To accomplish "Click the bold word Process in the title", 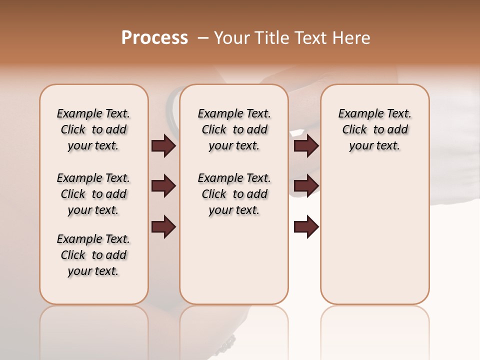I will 154,38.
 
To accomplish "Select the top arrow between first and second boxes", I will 163,146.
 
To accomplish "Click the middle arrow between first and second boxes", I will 163,186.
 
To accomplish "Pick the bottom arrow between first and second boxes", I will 163,227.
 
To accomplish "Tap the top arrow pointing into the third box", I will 306,146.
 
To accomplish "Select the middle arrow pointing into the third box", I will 306,186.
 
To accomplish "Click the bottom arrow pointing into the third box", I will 306,227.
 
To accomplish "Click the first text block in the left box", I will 93,129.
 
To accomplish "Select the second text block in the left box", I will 93,194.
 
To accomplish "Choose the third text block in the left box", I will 93,255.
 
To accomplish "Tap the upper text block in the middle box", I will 234,129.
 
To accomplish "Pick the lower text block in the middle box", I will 234,194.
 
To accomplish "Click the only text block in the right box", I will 374,129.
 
